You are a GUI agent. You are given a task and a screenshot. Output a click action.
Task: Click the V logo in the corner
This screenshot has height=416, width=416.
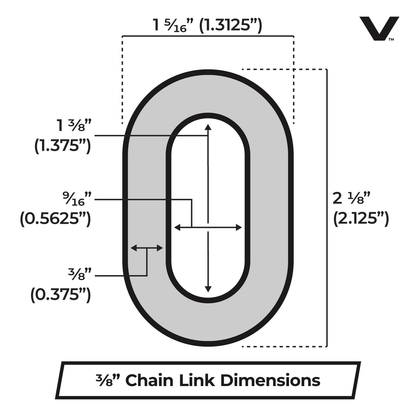point(379,29)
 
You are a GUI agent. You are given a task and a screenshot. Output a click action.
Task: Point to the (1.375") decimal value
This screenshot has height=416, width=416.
point(62,147)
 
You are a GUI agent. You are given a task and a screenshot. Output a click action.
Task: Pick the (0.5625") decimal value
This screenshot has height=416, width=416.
point(55,219)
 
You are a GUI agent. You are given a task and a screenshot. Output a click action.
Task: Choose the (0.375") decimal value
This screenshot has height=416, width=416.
point(60,295)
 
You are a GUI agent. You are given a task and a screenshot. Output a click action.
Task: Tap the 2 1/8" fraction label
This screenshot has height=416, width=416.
point(351,199)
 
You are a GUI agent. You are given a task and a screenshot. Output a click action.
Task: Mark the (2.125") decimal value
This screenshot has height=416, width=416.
point(361,219)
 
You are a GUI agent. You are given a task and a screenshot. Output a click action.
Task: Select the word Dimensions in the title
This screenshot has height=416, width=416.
point(270,380)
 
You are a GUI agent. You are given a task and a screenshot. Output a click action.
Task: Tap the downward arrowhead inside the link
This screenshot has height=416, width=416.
point(208,289)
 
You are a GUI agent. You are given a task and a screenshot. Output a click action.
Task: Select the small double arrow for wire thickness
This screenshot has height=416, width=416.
point(147,248)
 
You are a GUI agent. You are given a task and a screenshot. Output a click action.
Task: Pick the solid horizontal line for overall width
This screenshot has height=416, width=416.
point(208,36)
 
